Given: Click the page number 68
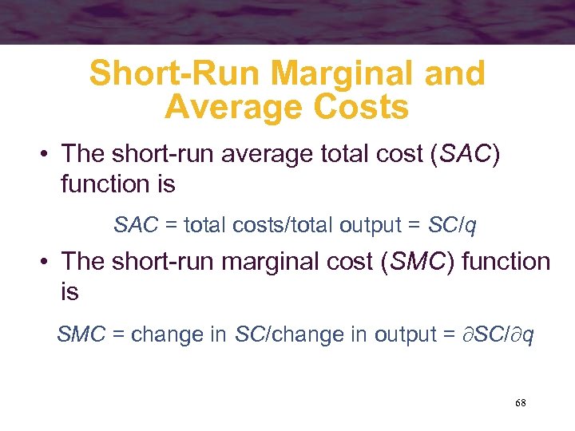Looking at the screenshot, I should click(520, 403).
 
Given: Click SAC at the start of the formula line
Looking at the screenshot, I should click(136, 226).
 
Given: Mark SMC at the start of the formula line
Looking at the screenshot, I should click(81, 334).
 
